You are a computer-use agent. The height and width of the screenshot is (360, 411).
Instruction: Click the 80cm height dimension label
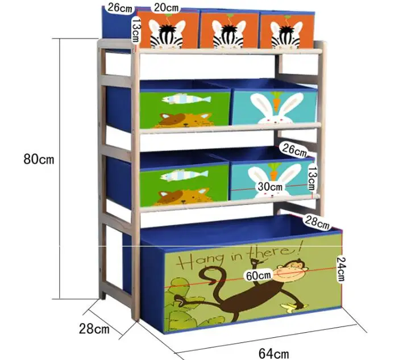pyautogui.click(x=39, y=158)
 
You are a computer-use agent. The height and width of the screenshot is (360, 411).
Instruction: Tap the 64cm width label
pyautogui.click(x=273, y=353)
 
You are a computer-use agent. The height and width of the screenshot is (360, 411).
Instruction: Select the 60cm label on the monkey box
pyautogui.click(x=256, y=276)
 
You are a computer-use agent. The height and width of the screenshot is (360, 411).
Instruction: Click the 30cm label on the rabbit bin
pyautogui.click(x=269, y=186)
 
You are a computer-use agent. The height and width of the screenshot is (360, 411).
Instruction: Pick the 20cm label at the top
pyautogui.click(x=167, y=7)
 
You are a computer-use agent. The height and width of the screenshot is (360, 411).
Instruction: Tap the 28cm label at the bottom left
pyautogui.click(x=94, y=329)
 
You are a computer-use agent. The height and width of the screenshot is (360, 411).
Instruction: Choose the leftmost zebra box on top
pyautogui.click(x=168, y=31)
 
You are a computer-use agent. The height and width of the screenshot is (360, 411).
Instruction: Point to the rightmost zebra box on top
pyautogui.click(x=287, y=31)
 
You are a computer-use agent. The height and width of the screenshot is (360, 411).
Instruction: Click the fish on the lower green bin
pyautogui.click(x=180, y=175)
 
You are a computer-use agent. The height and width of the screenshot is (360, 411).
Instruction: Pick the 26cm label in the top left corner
pyautogui.click(x=120, y=8)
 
